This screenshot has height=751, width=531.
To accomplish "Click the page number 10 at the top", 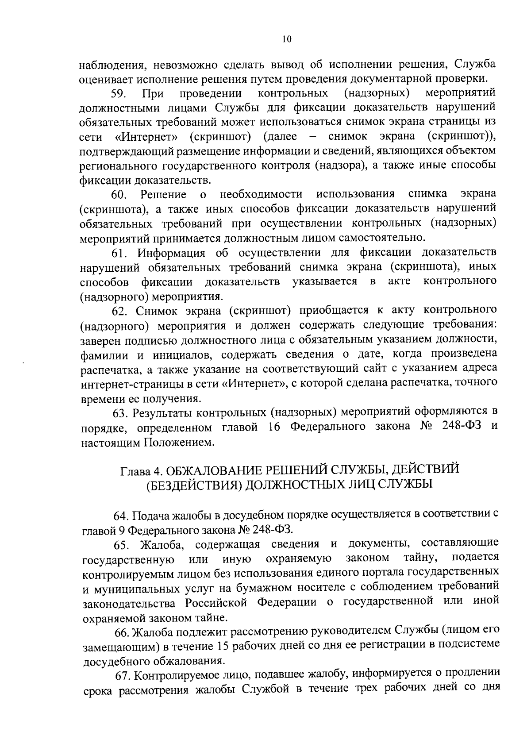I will pos(286,39).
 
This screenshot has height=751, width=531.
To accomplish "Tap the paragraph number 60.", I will pos(119,195).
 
